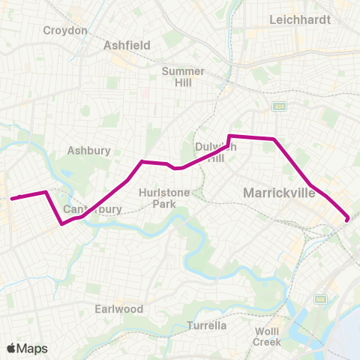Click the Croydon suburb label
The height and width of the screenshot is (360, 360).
pyautogui.click(x=65, y=31)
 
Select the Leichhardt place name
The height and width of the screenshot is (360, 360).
pyautogui.click(x=300, y=20)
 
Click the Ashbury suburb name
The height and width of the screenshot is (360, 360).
pyautogui.click(x=89, y=150)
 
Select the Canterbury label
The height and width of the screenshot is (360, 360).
pyautogui.click(x=92, y=209)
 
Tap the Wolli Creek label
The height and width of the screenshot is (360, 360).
pyautogui.click(x=266, y=337)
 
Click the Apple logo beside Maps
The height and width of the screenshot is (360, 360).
pyautogui.click(x=11, y=348)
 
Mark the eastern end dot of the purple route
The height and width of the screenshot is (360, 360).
pyautogui.click(x=347, y=219)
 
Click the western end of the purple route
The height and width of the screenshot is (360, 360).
pyautogui.click(x=12, y=199)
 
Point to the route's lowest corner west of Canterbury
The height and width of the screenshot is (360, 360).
pyautogui.click(x=61, y=223)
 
